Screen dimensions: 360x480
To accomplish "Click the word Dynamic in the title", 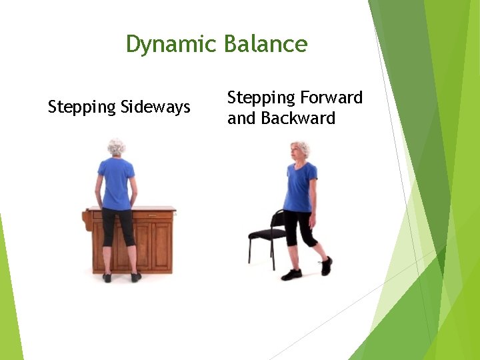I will (171, 45).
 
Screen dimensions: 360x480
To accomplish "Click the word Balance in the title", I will (265, 45).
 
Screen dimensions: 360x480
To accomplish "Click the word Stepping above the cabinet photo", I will (82, 107).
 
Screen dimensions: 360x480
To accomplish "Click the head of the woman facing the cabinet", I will (117, 147).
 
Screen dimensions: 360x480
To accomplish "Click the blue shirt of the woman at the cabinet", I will (117, 183).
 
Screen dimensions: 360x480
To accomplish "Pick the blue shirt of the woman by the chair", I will (300, 187).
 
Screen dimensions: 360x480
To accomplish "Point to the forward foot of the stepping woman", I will (291, 275).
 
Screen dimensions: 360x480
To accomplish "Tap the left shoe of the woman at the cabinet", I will (107, 277).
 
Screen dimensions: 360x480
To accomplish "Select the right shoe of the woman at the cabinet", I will (136, 277).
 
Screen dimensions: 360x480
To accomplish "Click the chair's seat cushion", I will (266, 233).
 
